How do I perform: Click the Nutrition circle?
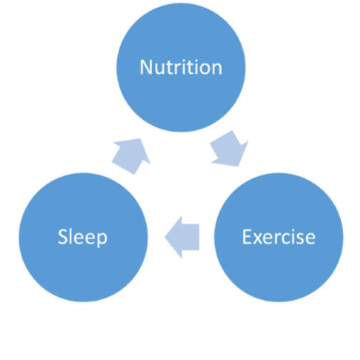(x=181, y=67)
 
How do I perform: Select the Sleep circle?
(x=84, y=237)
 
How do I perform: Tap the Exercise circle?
(x=279, y=237)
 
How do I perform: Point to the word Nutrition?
(x=181, y=67)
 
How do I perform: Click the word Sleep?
(x=83, y=238)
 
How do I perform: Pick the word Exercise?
(x=279, y=237)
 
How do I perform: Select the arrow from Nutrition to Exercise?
(x=229, y=149)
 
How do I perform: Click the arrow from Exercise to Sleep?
(x=182, y=237)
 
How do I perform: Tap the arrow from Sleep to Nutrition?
(x=131, y=156)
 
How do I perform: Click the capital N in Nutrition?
(x=146, y=67)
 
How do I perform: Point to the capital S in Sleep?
(x=63, y=237)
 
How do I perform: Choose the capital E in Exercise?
(x=247, y=237)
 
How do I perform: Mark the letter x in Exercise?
(x=259, y=239)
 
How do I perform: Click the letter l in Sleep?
(x=71, y=236)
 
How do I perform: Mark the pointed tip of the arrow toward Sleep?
(x=165, y=237)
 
